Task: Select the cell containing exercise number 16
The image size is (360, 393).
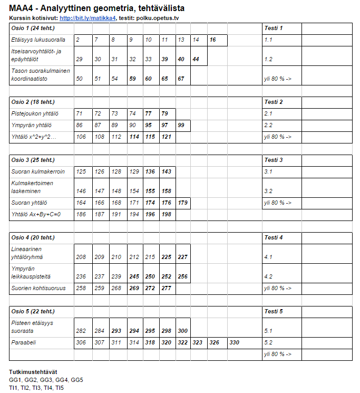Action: tap(213, 40)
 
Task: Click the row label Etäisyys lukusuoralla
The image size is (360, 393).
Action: tap(38, 40)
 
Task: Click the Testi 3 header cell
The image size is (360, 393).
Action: tap(274, 160)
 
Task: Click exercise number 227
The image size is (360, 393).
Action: tap(182, 257)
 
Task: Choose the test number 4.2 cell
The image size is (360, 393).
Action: tap(268, 276)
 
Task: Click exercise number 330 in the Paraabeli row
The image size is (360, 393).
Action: tap(234, 342)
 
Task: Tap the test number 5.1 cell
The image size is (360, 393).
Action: tap(268, 331)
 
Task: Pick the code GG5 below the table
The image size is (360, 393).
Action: tap(76, 380)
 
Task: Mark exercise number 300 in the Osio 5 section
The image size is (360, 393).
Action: tap(182, 331)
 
